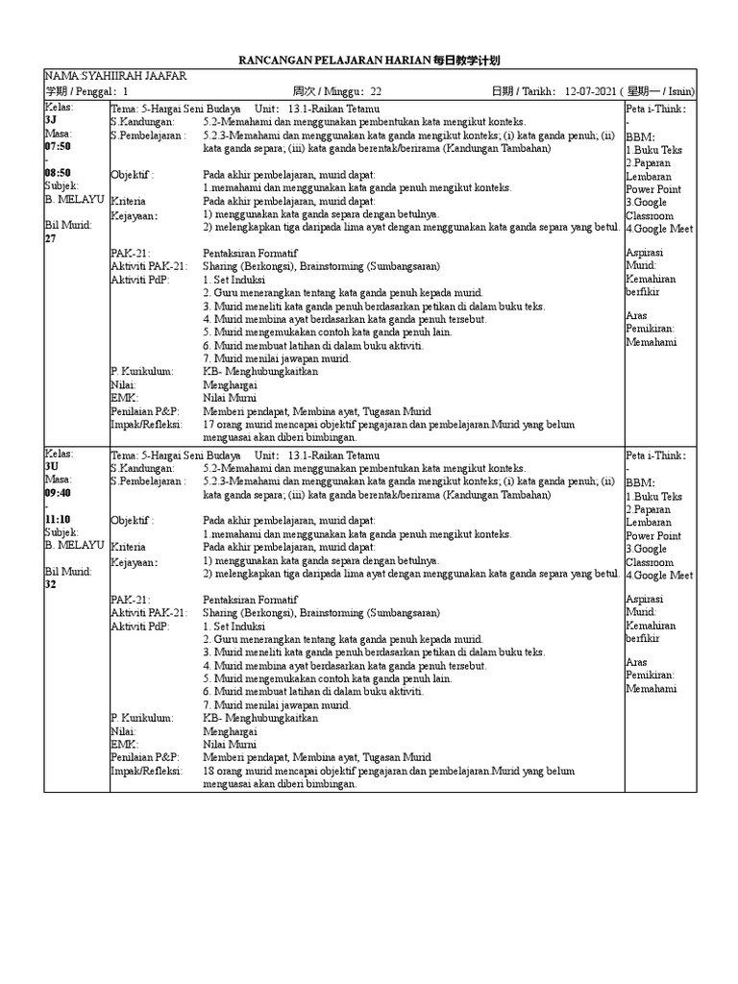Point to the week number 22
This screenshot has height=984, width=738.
tap(376, 91)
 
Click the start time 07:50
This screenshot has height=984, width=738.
tap(58, 147)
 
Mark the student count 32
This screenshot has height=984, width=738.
tap(52, 584)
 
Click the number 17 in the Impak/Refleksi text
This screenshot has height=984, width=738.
tap(209, 424)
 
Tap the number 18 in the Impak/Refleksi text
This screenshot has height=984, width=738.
tap(209, 771)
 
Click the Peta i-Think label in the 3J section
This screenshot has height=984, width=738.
tap(655, 109)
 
